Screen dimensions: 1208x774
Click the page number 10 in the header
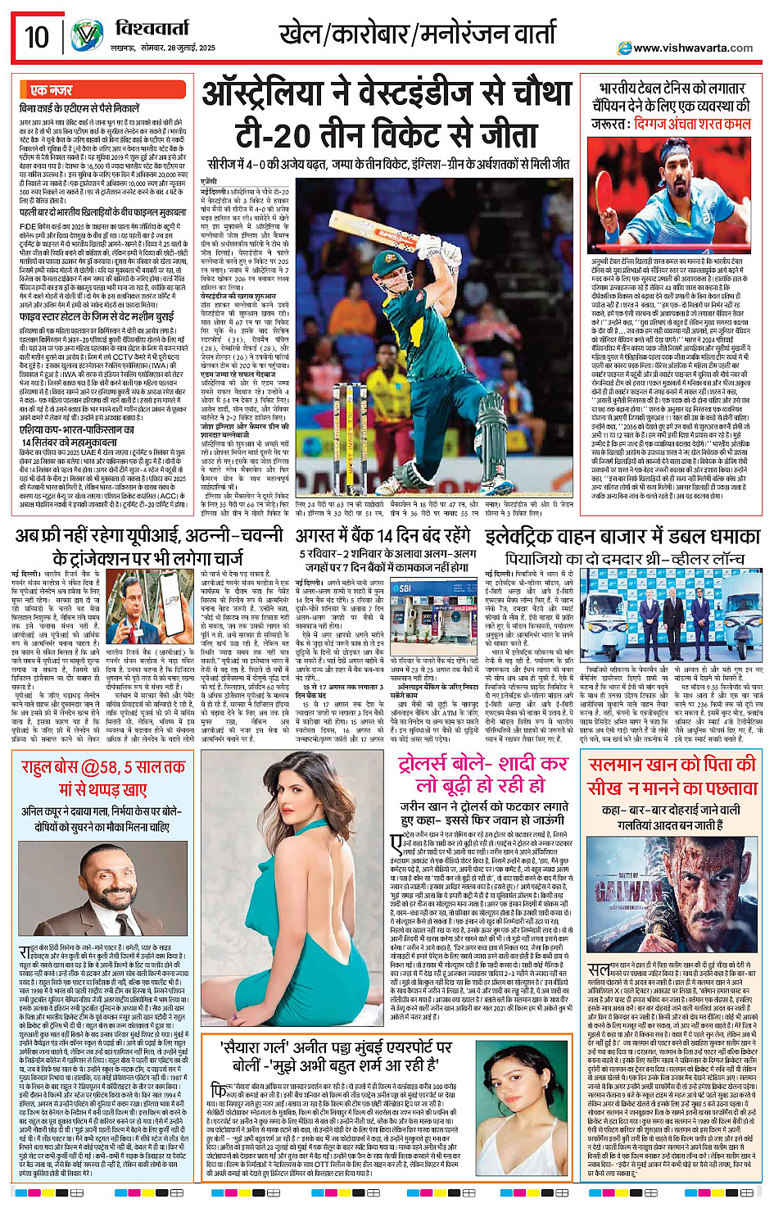(x=36, y=37)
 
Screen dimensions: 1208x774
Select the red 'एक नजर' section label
(x=51, y=89)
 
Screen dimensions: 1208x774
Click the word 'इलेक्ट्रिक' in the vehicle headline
(x=525, y=538)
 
